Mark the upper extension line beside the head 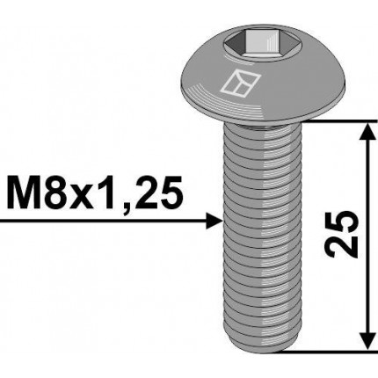click(x=334, y=119)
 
